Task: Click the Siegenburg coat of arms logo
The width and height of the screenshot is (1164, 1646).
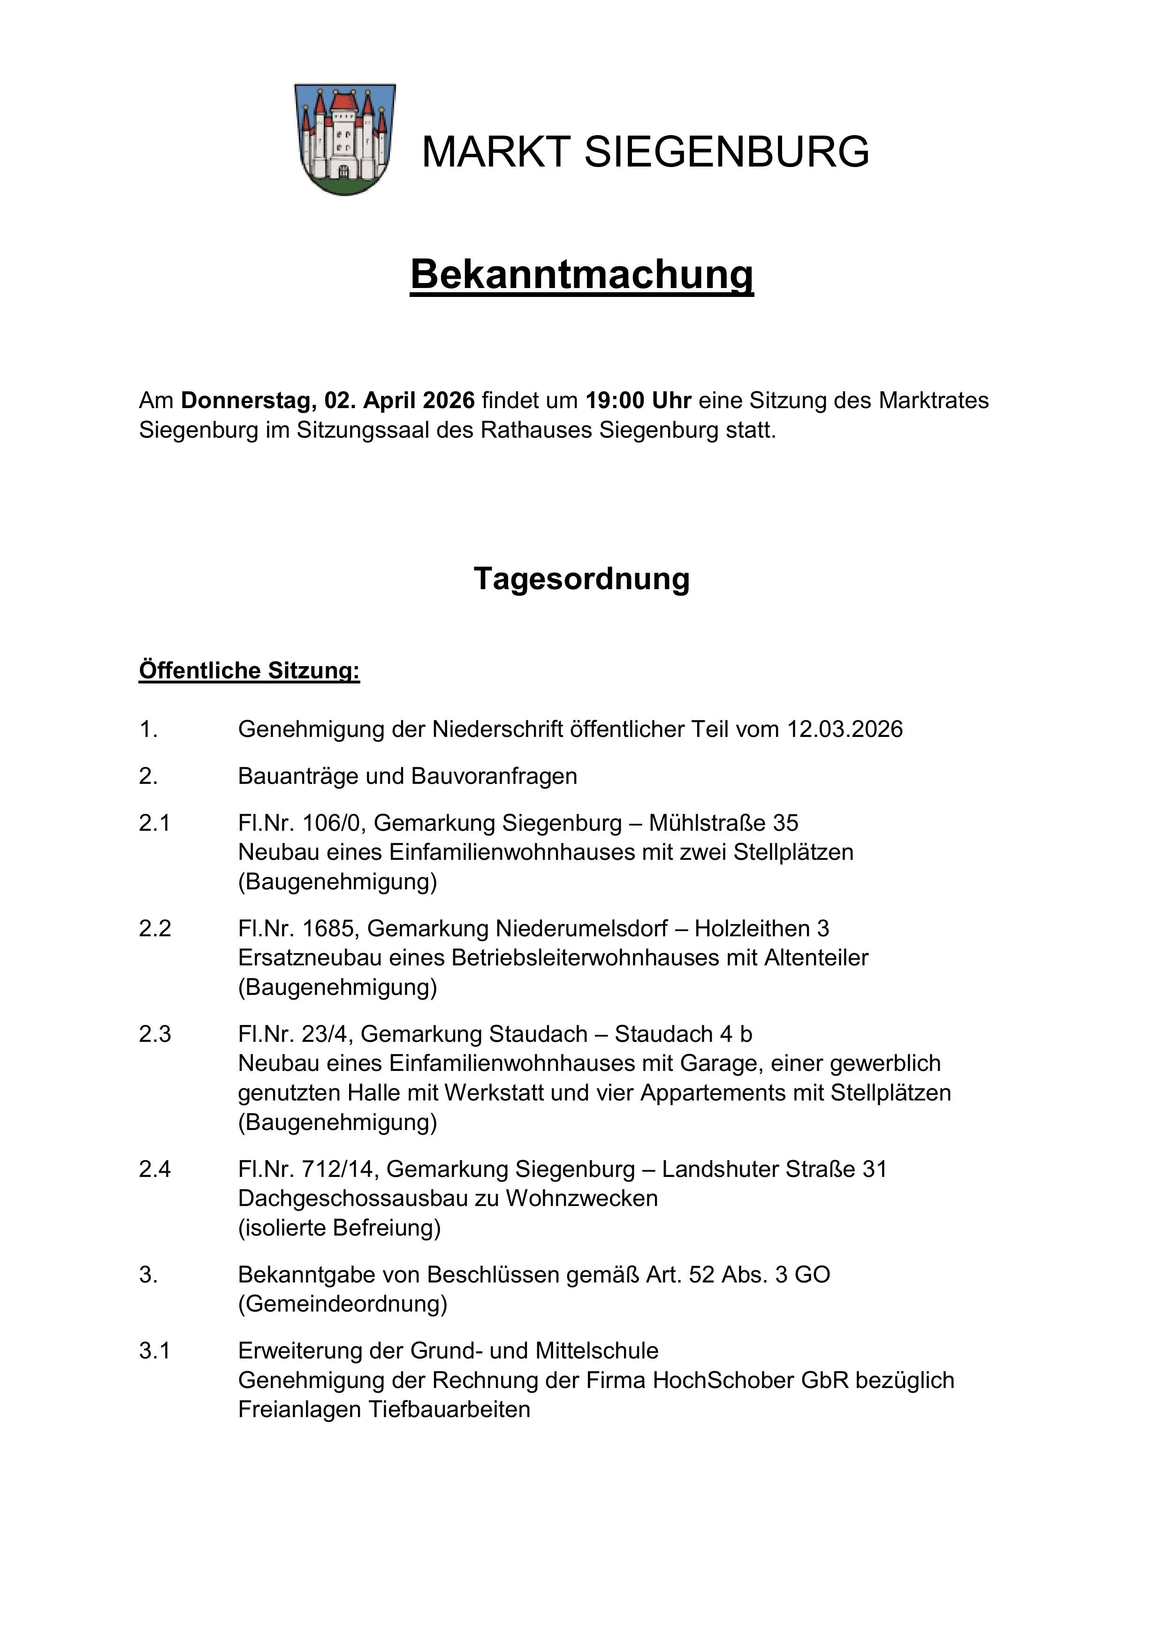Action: [345, 139]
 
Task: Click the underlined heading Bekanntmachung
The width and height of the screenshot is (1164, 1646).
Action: [582, 274]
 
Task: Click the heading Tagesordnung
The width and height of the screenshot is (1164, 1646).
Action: [582, 578]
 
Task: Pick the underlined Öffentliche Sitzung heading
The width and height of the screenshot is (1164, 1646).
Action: [249, 670]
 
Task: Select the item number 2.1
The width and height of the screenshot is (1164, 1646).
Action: [154, 823]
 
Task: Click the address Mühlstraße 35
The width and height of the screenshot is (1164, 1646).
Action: [723, 823]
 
